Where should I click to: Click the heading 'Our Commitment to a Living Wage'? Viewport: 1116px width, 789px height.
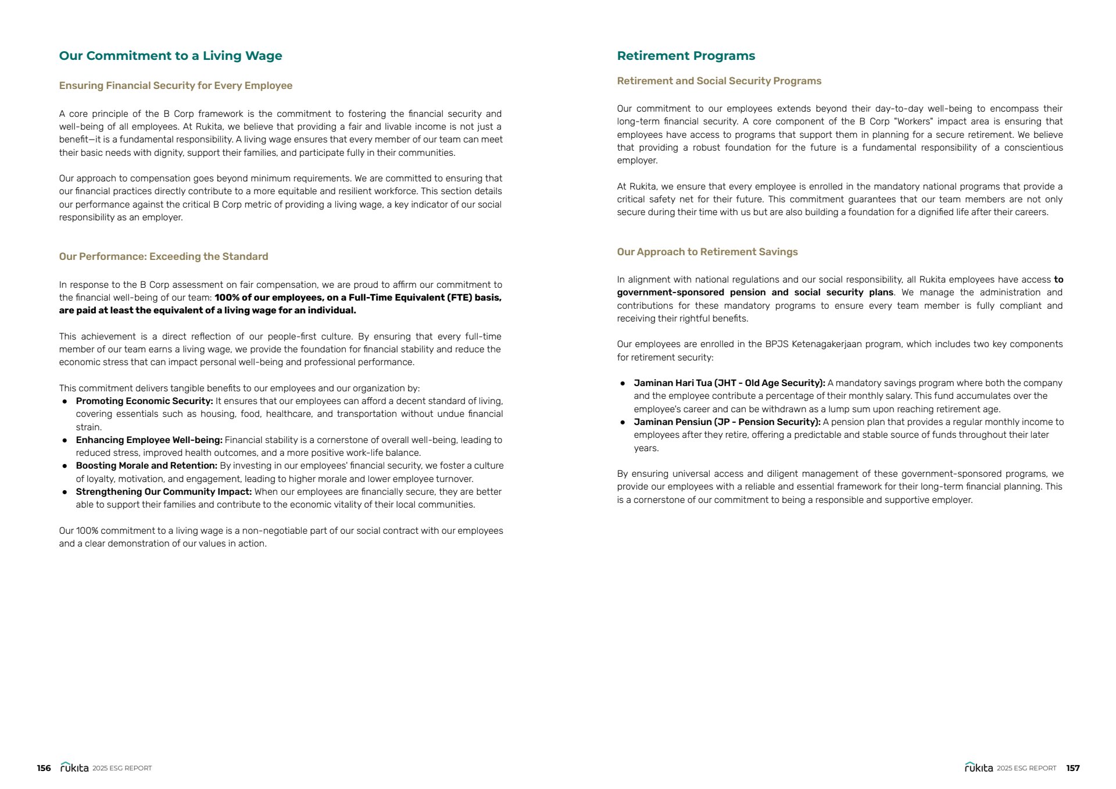(170, 56)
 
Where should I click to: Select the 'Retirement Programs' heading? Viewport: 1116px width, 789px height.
(686, 56)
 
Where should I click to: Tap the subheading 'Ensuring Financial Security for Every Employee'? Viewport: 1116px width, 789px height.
(176, 85)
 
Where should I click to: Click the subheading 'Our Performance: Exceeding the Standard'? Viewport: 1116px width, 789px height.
(163, 256)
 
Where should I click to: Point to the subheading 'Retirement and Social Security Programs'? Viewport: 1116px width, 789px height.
(719, 81)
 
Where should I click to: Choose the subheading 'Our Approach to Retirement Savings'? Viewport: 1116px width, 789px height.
(707, 252)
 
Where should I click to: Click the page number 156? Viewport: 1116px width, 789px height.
(44, 768)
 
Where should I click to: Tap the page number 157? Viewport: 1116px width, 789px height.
(1073, 768)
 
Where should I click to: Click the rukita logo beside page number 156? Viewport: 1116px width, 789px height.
(74, 767)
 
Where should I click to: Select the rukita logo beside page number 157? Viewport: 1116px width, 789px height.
(979, 767)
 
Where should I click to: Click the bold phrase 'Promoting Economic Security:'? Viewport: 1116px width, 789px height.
(144, 401)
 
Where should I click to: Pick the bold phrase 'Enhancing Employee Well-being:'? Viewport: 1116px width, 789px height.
(149, 440)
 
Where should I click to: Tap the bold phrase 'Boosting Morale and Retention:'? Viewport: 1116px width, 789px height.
(146, 466)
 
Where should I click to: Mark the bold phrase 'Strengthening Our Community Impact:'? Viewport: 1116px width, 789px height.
(163, 492)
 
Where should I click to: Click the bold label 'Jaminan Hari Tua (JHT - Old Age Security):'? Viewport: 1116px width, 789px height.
(729, 383)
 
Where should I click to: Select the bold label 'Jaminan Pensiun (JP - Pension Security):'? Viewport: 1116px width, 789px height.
(727, 422)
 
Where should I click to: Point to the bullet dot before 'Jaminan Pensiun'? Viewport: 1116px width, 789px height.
(623, 423)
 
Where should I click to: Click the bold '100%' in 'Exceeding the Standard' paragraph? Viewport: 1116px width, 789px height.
(227, 298)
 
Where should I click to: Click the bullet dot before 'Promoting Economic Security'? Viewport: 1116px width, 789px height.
(65, 402)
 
